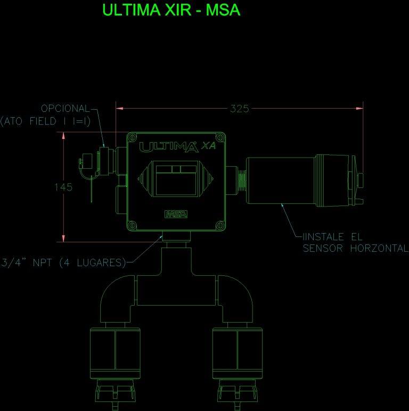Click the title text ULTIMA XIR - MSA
(171, 10)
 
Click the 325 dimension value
(239, 109)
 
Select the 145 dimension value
(63, 187)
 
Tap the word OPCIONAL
(66, 109)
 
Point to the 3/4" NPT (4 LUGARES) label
(63, 262)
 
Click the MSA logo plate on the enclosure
(176, 215)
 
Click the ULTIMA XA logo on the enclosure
(176, 146)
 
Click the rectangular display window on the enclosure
(176, 179)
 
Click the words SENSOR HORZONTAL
(355, 249)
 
